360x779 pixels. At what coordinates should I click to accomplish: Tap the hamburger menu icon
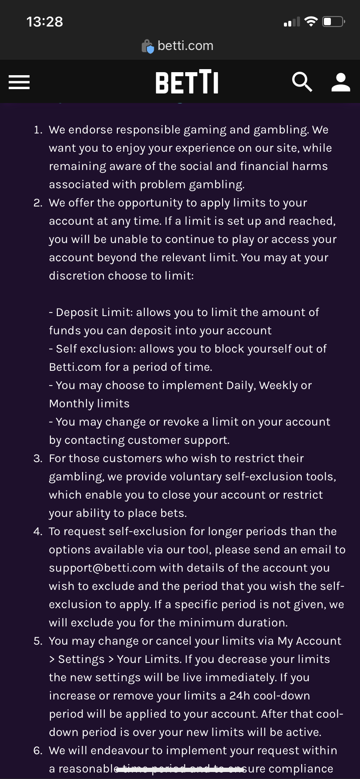pos(19,82)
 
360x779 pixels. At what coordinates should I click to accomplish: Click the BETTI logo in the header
pos(187,82)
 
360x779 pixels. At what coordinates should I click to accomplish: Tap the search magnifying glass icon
pos(302,82)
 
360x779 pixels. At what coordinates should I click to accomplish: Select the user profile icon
pos(340,82)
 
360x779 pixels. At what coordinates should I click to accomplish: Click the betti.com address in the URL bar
pos(185,46)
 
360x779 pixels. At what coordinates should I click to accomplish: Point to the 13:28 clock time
pos(44,22)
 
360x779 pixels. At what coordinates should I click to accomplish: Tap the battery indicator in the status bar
pos(333,22)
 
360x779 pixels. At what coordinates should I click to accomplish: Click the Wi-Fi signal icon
pos(311,22)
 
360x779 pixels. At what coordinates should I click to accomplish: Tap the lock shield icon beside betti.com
pos(148,47)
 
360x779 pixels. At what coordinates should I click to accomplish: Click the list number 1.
pos(38,130)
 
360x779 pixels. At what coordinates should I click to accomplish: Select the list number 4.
pos(38,532)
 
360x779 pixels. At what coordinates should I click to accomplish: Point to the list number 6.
pos(38,751)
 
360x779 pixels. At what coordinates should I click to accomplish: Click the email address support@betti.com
pos(103,568)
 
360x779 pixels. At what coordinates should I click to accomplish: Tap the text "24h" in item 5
pos(240,696)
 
